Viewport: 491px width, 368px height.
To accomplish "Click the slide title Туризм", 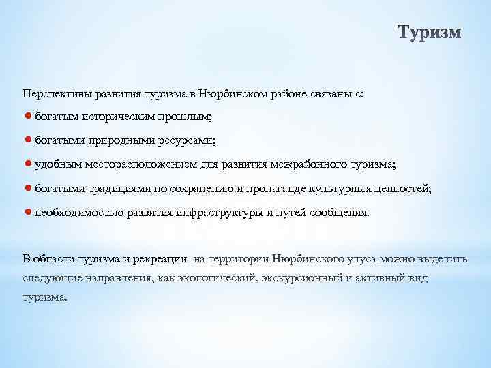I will [x=429, y=33].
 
